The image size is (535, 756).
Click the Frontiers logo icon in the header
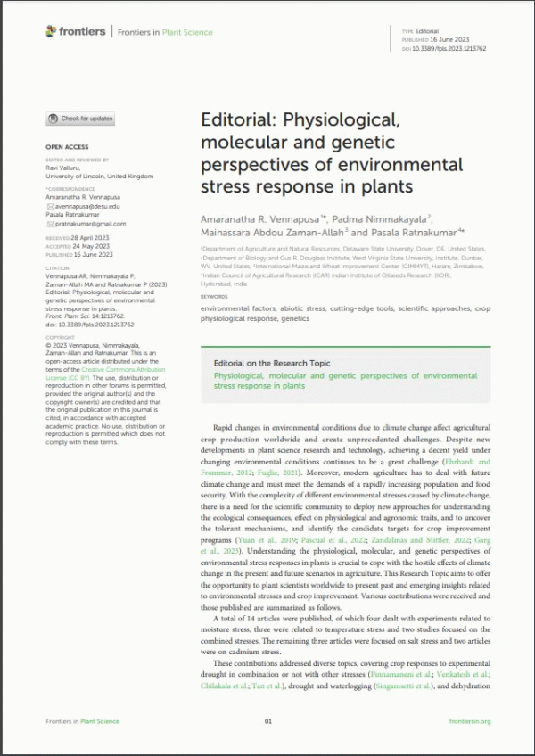(x=51, y=32)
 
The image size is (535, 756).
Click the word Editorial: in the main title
(x=235, y=120)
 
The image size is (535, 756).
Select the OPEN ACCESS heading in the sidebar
(x=67, y=146)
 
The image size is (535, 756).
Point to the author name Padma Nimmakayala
(x=367, y=218)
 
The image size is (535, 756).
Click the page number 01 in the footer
(x=267, y=721)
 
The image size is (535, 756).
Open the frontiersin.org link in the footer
(x=470, y=721)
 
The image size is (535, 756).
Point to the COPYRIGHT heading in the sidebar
(x=61, y=338)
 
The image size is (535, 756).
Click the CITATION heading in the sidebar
(x=57, y=267)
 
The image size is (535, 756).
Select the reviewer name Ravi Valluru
(x=64, y=169)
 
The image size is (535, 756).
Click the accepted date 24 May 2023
(x=91, y=246)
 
